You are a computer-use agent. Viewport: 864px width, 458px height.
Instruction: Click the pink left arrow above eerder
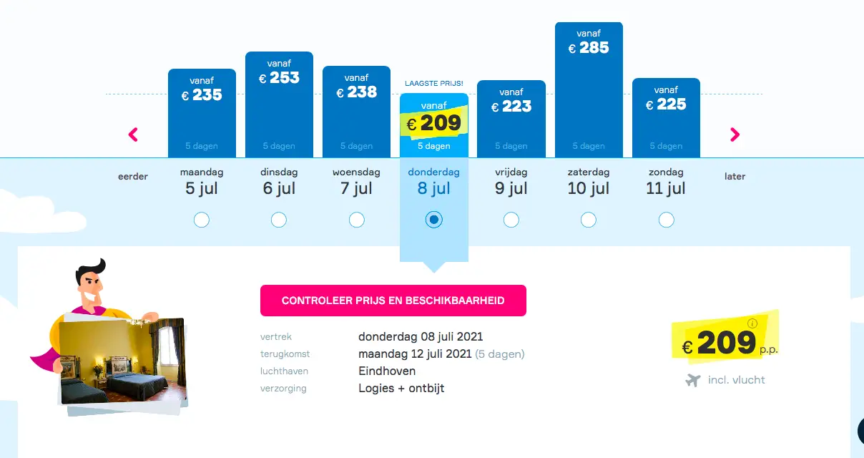point(133,135)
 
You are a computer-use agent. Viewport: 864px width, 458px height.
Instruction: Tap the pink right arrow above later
point(735,135)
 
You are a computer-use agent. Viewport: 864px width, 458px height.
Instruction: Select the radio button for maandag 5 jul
point(202,220)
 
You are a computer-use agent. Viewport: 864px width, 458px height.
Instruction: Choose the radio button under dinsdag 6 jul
point(279,220)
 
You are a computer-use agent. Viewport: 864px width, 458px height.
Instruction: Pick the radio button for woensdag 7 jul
point(357,220)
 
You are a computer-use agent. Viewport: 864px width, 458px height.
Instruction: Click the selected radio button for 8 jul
point(434,220)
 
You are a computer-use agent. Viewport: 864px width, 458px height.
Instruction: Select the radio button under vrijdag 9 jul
point(511,220)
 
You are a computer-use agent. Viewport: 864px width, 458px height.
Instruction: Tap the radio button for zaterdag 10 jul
point(588,220)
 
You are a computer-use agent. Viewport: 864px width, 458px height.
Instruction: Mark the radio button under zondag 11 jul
point(666,220)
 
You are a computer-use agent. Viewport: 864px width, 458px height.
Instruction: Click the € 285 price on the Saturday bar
point(589,48)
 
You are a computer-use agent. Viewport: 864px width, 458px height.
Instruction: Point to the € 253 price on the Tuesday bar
point(279,78)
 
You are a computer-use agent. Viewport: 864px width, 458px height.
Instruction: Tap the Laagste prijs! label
point(434,83)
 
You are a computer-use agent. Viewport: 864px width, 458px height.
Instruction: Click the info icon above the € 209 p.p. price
point(752,323)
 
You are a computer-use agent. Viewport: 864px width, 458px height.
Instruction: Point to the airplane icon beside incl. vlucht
point(693,380)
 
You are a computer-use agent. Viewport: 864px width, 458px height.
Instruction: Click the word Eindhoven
point(387,371)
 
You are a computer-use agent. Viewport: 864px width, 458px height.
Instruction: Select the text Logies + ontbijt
point(401,388)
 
